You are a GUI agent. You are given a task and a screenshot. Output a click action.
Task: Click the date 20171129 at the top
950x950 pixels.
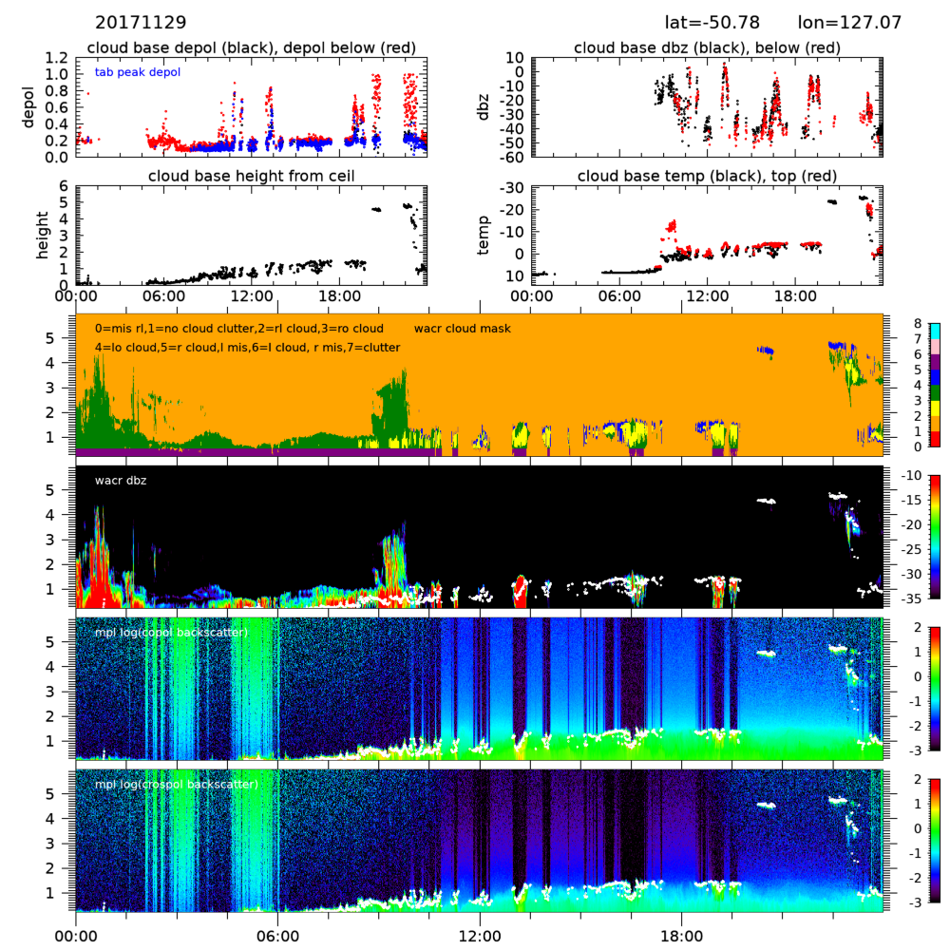click(141, 22)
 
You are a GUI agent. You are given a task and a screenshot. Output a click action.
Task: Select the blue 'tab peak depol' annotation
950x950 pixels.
click(138, 72)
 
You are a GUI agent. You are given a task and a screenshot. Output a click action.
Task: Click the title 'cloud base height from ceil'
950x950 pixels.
click(251, 176)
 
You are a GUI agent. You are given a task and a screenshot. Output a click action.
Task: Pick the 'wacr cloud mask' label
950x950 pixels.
click(463, 329)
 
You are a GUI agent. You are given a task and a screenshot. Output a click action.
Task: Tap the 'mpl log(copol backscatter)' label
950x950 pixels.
click(171, 633)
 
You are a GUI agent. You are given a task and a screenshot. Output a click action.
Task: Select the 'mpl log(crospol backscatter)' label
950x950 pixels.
click(177, 785)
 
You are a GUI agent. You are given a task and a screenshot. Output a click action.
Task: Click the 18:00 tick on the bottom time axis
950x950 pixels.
click(681, 934)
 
